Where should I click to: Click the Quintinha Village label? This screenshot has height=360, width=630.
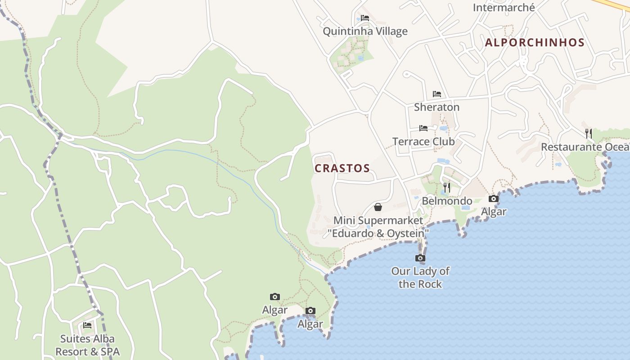pyautogui.click(x=365, y=31)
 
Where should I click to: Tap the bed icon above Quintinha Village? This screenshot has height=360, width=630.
pyautogui.click(x=365, y=18)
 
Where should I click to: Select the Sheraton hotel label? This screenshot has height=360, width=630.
pyautogui.click(x=436, y=107)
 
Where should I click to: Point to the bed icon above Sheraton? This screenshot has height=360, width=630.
pyautogui.click(x=436, y=94)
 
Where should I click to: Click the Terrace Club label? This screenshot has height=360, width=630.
pyautogui.click(x=423, y=141)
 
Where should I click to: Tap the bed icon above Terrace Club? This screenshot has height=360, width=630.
pyautogui.click(x=423, y=128)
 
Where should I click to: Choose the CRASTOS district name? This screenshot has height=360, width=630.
pyautogui.click(x=342, y=168)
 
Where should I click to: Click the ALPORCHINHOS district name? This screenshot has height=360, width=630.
pyautogui.click(x=535, y=43)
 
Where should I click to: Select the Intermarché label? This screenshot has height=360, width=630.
pyautogui.click(x=504, y=7)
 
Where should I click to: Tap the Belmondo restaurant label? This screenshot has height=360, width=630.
pyautogui.click(x=447, y=201)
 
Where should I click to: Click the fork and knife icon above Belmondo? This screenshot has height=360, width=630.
pyautogui.click(x=447, y=187)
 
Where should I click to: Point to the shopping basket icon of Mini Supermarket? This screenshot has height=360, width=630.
pyautogui.click(x=378, y=207)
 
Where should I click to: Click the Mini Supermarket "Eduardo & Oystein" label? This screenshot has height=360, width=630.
pyautogui.click(x=378, y=227)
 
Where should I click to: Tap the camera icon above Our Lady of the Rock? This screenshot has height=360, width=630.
pyautogui.click(x=420, y=258)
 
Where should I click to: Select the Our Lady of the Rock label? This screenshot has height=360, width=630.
pyautogui.click(x=420, y=277)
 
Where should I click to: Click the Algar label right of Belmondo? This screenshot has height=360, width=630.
pyautogui.click(x=494, y=211)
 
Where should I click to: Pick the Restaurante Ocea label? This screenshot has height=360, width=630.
pyautogui.click(x=585, y=147)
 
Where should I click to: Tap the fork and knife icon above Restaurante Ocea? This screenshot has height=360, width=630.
pyautogui.click(x=588, y=133)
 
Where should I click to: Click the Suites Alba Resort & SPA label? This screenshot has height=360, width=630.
pyautogui.click(x=87, y=345)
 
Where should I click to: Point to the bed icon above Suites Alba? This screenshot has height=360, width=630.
pyautogui.click(x=87, y=325)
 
